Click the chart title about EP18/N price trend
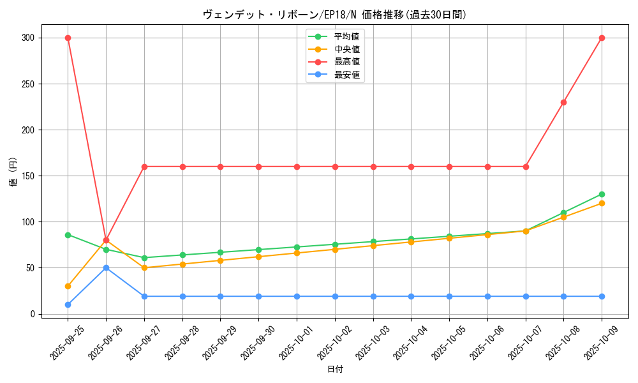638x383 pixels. click(x=334, y=15)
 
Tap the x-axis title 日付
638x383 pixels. click(x=335, y=370)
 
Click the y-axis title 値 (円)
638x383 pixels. click(x=13, y=172)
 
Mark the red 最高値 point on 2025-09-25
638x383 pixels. click(x=68, y=38)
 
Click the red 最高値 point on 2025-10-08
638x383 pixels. click(x=563, y=102)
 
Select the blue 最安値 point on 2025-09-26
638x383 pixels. click(x=106, y=267)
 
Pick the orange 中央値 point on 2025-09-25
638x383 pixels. click(x=68, y=286)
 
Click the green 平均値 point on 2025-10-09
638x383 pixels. click(x=602, y=194)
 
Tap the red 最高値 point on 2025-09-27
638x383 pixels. click(x=144, y=167)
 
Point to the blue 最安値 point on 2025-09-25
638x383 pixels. click(x=68, y=304)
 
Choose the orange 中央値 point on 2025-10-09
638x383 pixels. click(x=602, y=204)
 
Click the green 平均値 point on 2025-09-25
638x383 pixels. click(x=68, y=235)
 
